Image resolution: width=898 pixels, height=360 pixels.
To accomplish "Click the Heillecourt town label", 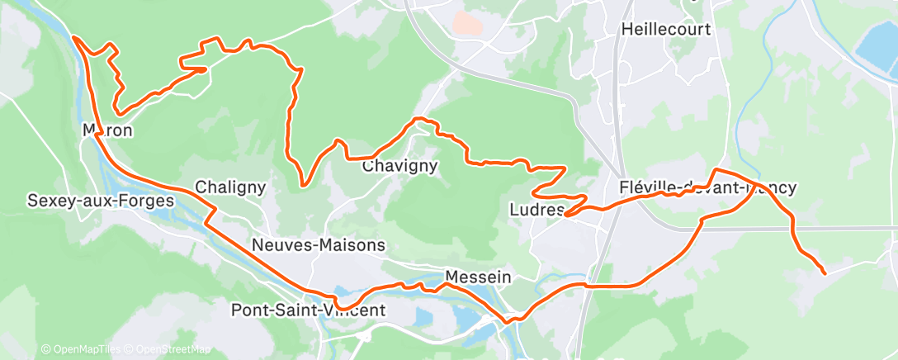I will [665, 30].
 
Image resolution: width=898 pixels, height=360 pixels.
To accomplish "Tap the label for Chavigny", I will [399, 166].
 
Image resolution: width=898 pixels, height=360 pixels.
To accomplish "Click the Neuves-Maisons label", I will [319, 245].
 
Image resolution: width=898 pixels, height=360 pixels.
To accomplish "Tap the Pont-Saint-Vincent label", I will [307, 310].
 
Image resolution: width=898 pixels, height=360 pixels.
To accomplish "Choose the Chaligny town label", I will [230, 187].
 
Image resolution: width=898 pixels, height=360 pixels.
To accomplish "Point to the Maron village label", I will [108, 130].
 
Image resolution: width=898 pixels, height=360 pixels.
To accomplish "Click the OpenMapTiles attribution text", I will [80, 350].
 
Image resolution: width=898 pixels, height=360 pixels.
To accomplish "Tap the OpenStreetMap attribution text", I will [168, 350].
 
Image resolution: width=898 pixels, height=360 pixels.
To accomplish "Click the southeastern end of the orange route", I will [825, 273].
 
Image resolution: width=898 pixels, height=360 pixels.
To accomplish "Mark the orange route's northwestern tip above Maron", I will [74, 37].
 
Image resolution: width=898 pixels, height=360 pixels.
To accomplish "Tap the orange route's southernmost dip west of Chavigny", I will [304, 186].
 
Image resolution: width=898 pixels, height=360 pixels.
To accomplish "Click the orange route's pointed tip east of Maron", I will [205, 70].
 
